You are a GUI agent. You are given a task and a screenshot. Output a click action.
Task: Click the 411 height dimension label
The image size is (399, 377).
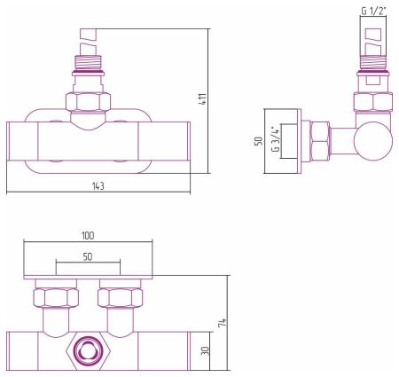click(x=202, y=99)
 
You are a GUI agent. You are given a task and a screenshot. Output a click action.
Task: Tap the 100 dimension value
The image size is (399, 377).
click(x=88, y=236)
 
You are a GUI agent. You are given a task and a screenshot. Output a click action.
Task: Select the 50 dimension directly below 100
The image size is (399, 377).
click(x=88, y=256)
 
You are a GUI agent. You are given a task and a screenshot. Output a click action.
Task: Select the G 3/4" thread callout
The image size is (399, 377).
click(x=277, y=140)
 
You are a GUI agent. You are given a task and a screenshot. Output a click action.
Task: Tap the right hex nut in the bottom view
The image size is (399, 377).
click(x=120, y=296)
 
